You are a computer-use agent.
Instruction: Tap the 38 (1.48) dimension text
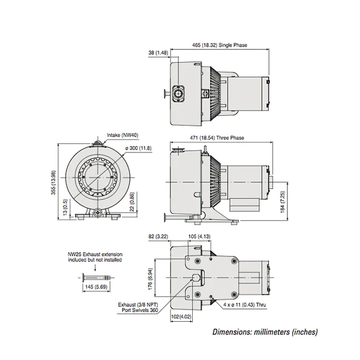click(x=158, y=53)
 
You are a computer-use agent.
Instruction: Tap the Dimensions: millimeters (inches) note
click(x=265, y=332)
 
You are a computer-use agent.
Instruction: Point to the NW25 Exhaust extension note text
click(x=95, y=256)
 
